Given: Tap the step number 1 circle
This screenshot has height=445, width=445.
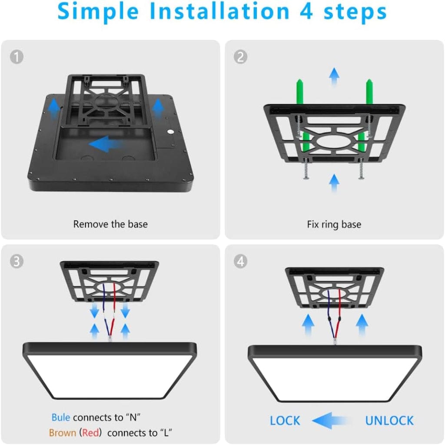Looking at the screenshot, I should click(17, 57).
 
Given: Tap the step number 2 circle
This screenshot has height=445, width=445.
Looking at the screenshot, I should click(240, 57).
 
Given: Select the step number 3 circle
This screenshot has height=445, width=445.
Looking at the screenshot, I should click(17, 261).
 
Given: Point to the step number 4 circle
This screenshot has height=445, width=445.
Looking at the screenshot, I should click(240, 261).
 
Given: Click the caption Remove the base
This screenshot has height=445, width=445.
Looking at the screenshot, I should click(110, 224).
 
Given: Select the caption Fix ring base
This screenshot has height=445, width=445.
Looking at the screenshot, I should click(334, 225).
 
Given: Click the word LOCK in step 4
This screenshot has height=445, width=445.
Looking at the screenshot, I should click(285, 421).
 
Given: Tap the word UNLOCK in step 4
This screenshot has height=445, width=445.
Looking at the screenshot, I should click(389, 421).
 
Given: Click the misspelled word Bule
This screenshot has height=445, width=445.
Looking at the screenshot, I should click(60, 418).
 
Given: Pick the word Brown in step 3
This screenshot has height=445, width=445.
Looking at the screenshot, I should click(62, 433).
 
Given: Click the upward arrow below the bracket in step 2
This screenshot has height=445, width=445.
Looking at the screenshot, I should click(334, 183).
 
